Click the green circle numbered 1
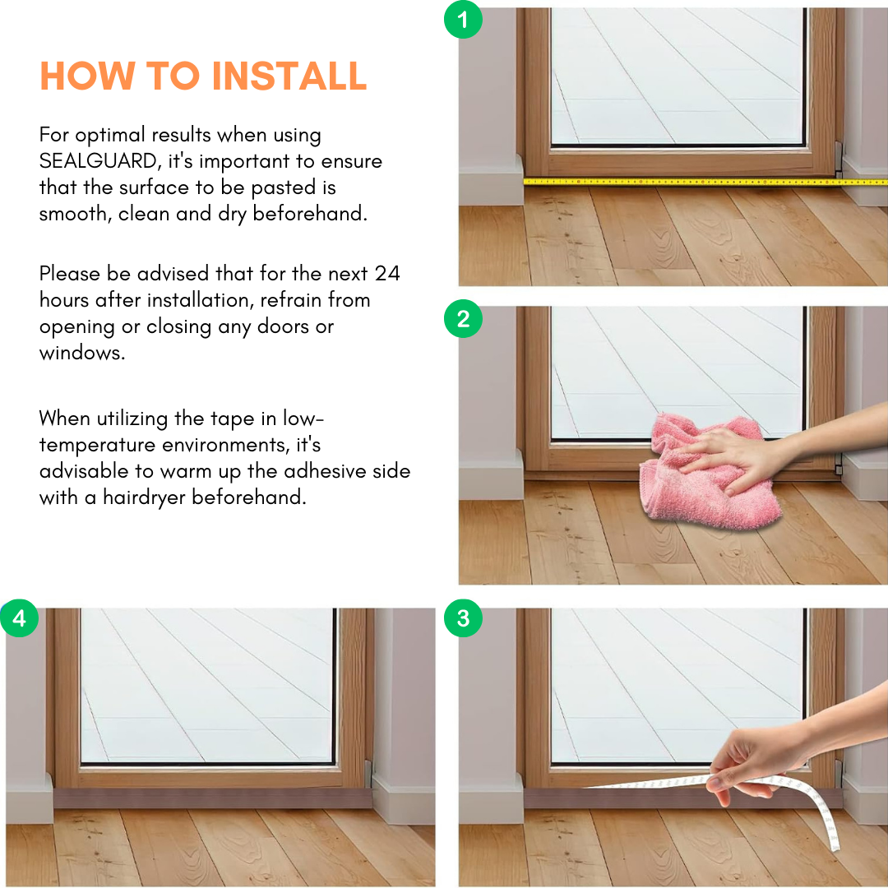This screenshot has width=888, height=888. pyautogui.click(x=463, y=19)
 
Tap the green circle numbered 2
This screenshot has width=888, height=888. pyautogui.click(x=463, y=318)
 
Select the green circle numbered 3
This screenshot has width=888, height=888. pyautogui.click(x=463, y=617)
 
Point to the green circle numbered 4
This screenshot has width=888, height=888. pyautogui.click(x=19, y=617)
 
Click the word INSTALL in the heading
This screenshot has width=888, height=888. pyautogui.click(x=289, y=76)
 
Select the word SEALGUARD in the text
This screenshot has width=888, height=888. pyautogui.click(x=98, y=161)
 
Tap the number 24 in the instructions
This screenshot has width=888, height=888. pyautogui.click(x=387, y=274)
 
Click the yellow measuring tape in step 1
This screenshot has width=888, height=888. pyautogui.click(x=705, y=182)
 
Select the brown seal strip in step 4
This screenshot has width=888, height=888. pyautogui.click(x=213, y=798)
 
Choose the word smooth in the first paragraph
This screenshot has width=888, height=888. pyautogui.click(x=76, y=214)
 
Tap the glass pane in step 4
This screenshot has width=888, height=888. pyautogui.click(x=206, y=685)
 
